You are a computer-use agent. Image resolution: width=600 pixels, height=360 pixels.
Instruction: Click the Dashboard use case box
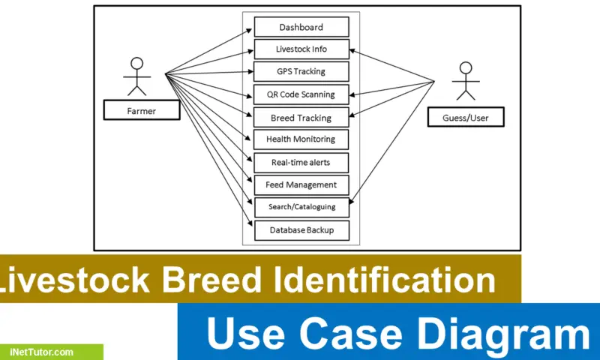[x=301, y=27]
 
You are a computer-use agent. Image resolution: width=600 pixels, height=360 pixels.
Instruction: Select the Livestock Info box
[x=301, y=49]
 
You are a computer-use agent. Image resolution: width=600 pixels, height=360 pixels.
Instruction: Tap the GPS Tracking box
[x=301, y=72]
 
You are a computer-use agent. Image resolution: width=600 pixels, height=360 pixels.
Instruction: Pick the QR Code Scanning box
[x=301, y=94]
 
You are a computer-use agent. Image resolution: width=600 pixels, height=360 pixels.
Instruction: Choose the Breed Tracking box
[x=301, y=118]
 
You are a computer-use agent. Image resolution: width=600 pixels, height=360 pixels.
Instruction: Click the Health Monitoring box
[x=301, y=139]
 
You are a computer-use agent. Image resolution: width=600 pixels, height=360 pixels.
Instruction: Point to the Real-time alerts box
[x=301, y=162]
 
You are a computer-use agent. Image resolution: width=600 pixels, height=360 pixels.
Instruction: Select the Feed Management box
[x=301, y=184]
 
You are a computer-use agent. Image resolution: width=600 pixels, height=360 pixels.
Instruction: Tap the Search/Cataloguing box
[x=301, y=206]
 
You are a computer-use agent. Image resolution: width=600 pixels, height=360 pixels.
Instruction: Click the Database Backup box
[x=301, y=229]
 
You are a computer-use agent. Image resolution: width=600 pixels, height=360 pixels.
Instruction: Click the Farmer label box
[x=140, y=112]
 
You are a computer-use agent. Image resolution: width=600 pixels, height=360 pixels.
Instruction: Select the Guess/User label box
[x=465, y=117]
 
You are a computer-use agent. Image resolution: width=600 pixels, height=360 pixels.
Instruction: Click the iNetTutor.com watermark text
[x=42, y=352]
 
